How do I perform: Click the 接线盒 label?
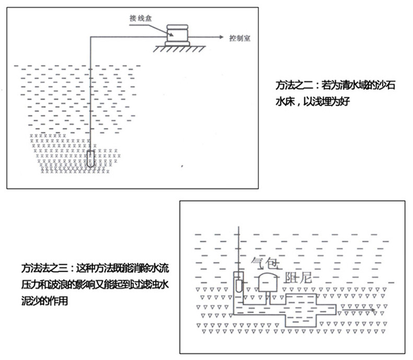tap(141, 18)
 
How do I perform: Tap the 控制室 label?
tap(239, 39)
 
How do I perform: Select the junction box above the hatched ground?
tap(177, 35)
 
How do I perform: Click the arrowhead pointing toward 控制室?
tap(221, 37)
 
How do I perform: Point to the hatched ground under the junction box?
tap(179, 49)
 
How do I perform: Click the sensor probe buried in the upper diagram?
tap(90, 158)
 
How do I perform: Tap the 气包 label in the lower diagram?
tap(265, 263)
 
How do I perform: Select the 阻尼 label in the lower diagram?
tap(298, 277)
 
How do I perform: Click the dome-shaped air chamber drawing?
tap(268, 282)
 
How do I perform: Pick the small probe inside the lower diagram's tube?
tap(239, 286)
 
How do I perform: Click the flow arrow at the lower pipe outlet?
tap(358, 310)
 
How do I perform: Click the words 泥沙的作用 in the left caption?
tap(44, 300)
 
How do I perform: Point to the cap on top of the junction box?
tap(178, 27)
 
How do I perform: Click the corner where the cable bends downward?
tap(90, 37)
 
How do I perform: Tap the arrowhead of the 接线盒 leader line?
tap(171, 34)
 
